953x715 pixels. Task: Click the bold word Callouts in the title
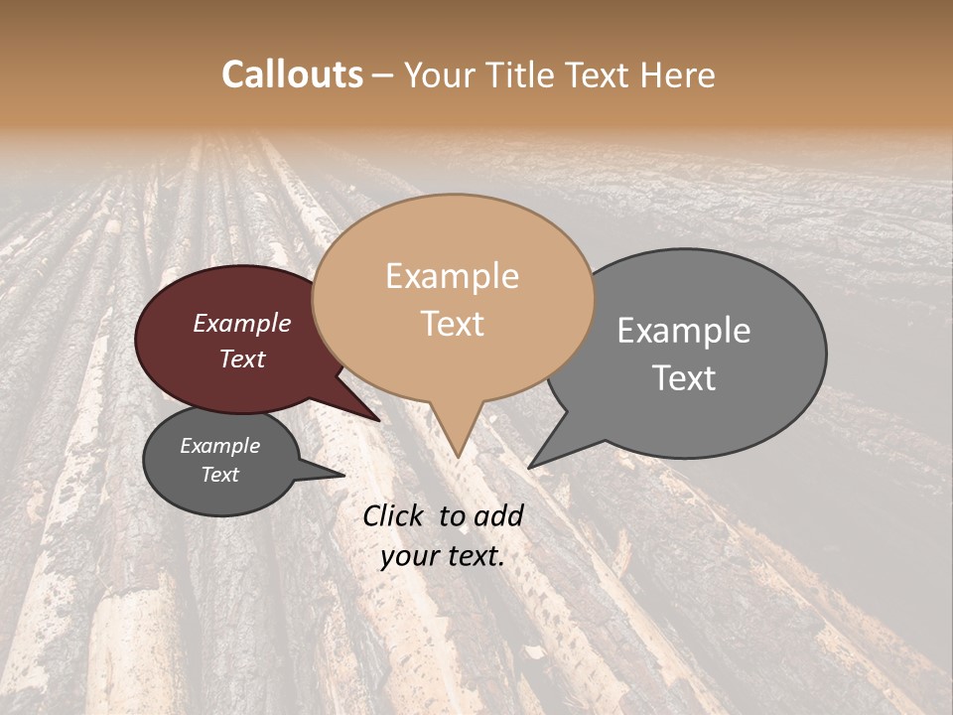pyautogui.click(x=292, y=74)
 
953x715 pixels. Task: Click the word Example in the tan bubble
pyautogui.click(x=452, y=276)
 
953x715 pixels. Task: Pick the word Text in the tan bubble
pyautogui.click(x=453, y=324)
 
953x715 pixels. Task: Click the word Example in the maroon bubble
pyautogui.click(x=242, y=323)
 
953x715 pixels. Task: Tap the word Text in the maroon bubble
pyautogui.click(x=242, y=358)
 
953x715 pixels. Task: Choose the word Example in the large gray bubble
pyautogui.click(x=684, y=330)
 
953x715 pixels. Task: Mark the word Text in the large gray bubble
pyautogui.click(x=685, y=378)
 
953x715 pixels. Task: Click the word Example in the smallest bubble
pyautogui.click(x=220, y=446)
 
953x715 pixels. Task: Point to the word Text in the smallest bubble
pyautogui.click(x=220, y=475)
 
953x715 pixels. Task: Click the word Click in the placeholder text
pyautogui.click(x=393, y=515)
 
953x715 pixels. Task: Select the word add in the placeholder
pyautogui.click(x=499, y=515)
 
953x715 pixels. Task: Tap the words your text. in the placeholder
pyautogui.click(x=443, y=556)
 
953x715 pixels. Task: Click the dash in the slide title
pyautogui.click(x=383, y=75)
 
